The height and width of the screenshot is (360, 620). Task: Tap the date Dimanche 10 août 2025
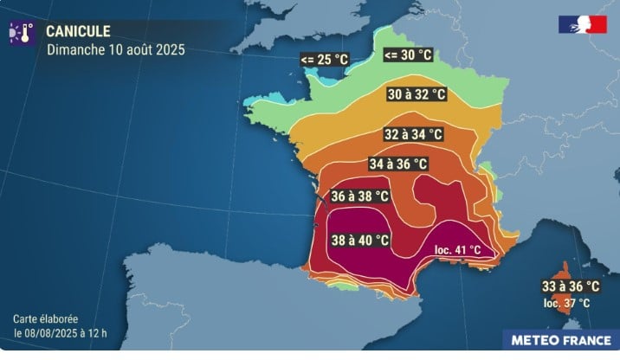point(115,48)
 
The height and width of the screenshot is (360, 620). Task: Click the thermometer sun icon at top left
point(21,34)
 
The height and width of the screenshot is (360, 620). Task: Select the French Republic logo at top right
point(582,24)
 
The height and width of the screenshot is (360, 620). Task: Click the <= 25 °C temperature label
point(326,60)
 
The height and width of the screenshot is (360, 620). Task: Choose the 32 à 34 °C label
point(412,134)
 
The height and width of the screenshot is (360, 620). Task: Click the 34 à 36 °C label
point(397,164)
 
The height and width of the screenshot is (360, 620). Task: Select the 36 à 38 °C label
point(358,196)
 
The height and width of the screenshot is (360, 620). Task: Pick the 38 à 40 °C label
point(359,240)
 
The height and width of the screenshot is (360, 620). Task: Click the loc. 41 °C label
point(455,251)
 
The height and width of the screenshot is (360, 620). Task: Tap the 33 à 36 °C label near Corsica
point(570,286)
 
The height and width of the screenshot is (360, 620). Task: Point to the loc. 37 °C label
point(566,303)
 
